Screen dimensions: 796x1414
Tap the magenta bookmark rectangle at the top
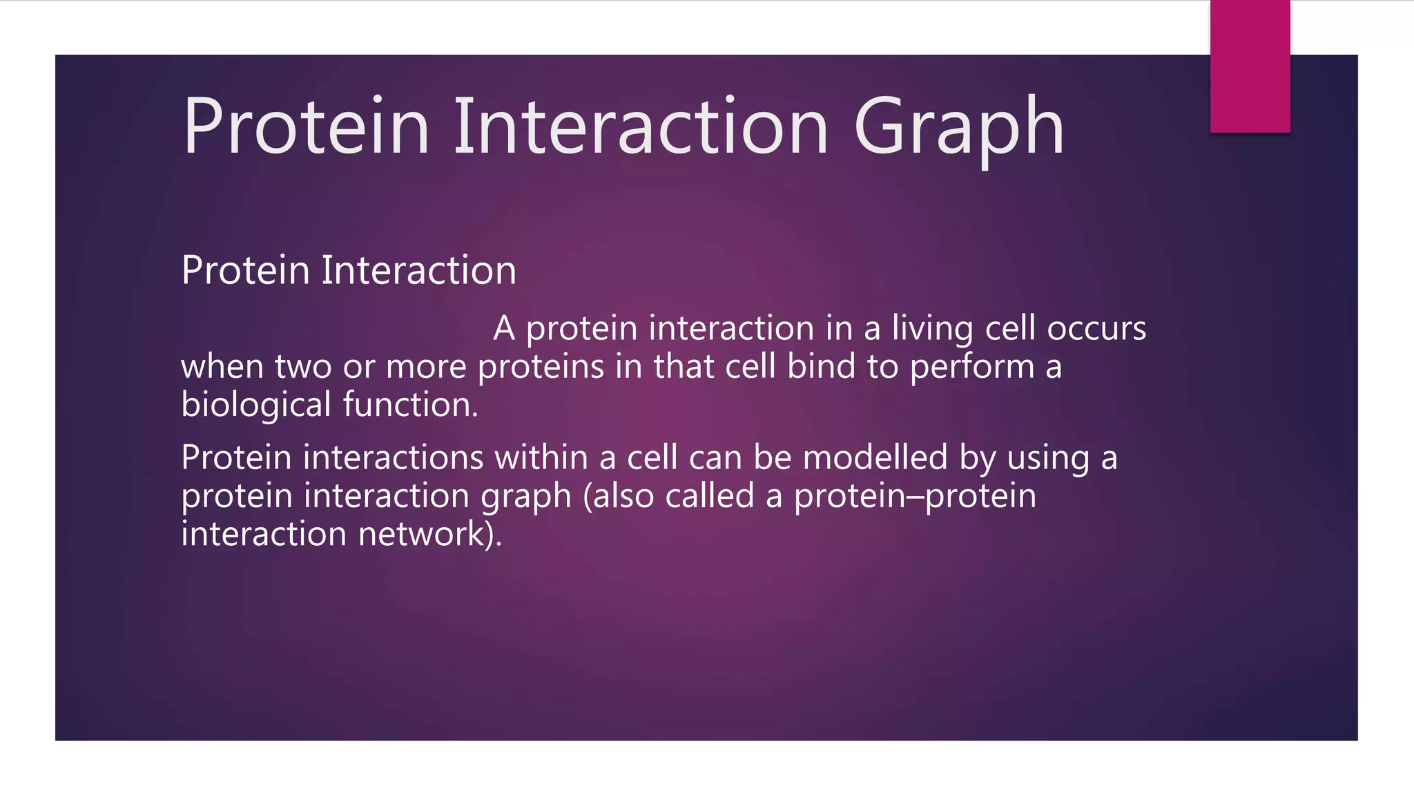(x=1250, y=66)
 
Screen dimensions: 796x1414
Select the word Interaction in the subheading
(x=418, y=270)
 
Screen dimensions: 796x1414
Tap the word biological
(x=256, y=405)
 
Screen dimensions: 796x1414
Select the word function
(x=410, y=405)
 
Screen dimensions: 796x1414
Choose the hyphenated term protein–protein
(x=915, y=497)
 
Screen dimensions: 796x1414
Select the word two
(x=303, y=368)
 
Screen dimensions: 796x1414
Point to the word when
(x=222, y=368)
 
